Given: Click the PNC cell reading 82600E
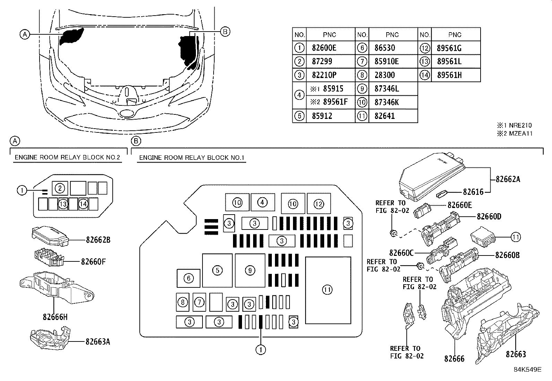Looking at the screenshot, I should [324, 48].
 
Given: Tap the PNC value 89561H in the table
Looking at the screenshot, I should [449, 75].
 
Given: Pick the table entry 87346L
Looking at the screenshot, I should [387, 89].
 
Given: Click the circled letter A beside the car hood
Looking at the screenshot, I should [24, 34].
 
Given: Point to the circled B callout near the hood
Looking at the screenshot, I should [225, 32].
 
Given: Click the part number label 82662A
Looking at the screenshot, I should [508, 179].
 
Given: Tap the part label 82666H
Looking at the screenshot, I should [55, 317].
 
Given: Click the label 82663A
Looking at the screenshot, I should [98, 341].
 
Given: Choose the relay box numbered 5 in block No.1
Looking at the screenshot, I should [217, 270].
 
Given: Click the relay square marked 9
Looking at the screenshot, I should [250, 270].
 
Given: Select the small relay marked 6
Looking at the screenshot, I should [189, 278].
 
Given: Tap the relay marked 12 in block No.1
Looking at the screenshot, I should [319, 204].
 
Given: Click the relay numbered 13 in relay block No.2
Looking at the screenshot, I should [63, 204].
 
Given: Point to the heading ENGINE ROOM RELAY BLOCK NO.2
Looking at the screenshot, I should [67, 157].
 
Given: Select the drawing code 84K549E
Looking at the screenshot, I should [527, 370].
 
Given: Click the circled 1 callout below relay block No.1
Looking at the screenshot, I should [261, 350].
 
